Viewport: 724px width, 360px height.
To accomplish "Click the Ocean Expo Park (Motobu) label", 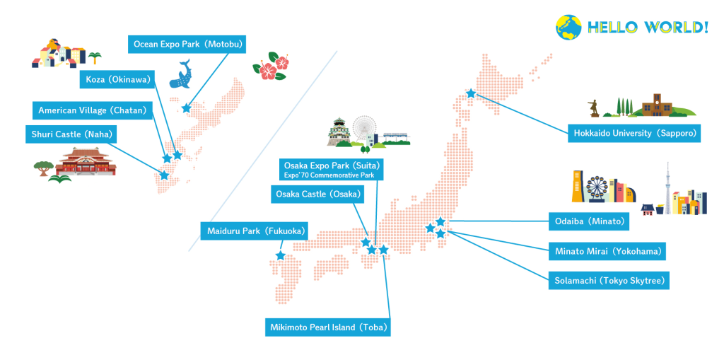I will pos(187,45).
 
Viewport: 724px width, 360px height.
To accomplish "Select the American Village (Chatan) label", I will pos(93,110).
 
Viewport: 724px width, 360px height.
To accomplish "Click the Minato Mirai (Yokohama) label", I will pos(608,251).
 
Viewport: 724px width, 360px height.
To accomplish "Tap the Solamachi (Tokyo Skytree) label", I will pos(609,281).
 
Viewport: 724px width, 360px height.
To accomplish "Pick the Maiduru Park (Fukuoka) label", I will pos(255,231).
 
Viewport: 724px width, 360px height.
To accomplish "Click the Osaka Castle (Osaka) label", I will pos(316,193).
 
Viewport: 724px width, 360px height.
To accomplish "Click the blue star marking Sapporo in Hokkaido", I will pos(470,93).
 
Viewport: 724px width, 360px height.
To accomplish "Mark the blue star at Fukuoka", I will pos(281,255).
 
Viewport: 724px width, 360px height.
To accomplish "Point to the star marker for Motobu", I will pos(186,108).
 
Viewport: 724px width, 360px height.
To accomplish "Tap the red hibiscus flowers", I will pos(271,66).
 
